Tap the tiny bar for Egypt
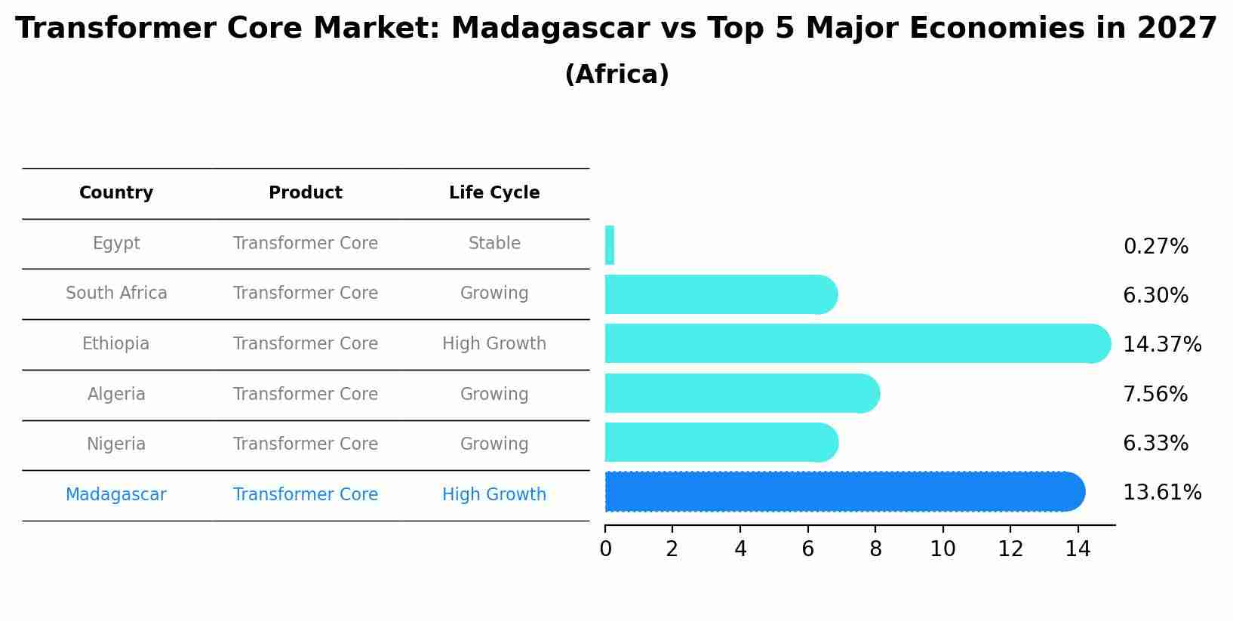click(x=610, y=245)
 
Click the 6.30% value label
click(x=1155, y=296)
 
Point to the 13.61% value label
click(x=1161, y=493)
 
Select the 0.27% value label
click(x=1155, y=247)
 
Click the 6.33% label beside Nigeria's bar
click(x=1155, y=444)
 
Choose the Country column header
click(x=116, y=193)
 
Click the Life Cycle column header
click(x=494, y=193)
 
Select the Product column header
click(x=306, y=193)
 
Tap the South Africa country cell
click(x=116, y=294)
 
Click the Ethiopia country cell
click(x=116, y=344)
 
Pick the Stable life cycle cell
click(x=494, y=244)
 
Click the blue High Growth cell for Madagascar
click(x=494, y=495)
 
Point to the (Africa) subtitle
click(x=616, y=75)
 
